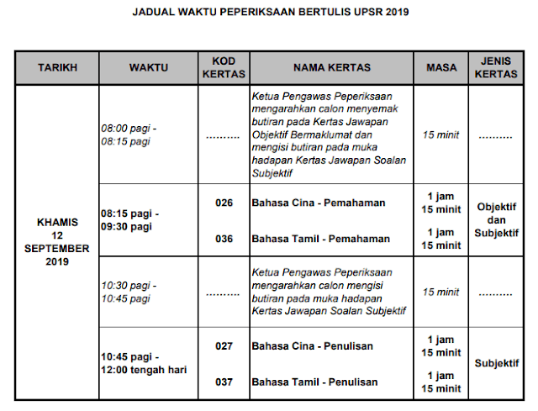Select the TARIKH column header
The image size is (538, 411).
(58, 67)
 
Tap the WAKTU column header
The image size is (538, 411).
(148, 67)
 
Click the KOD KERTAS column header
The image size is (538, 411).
(224, 67)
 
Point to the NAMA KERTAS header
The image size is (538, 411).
(331, 67)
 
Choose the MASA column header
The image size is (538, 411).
(441, 67)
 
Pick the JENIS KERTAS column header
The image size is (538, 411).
(496, 67)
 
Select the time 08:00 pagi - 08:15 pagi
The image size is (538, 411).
(129, 134)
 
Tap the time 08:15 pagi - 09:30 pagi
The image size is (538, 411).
(129, 220)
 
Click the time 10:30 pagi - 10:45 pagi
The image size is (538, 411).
(129, 292)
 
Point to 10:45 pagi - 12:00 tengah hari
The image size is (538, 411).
(144, 364)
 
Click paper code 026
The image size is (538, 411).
(224, 203)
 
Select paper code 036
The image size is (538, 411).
(224, 239)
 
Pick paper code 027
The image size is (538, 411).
(224, 345)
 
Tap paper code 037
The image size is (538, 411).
(224, 382)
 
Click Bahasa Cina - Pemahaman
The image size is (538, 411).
(319, 203)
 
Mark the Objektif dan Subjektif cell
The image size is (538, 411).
(496, 219)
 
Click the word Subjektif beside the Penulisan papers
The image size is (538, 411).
(496, 363)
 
